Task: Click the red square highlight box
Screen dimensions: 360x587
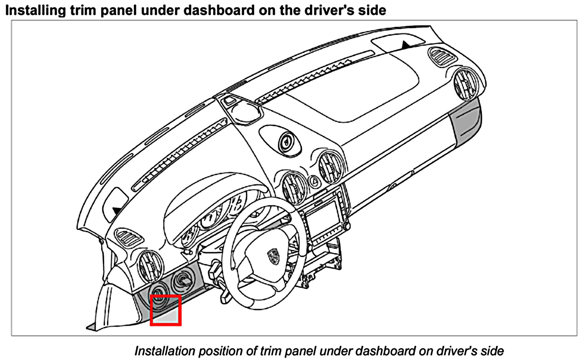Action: pyautogui.click(x=166, y=310)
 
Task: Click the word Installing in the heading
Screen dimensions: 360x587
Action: pyautogui.click(x=35, y=10)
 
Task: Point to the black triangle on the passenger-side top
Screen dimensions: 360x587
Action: pyautogui.click(x=406, y=45)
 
